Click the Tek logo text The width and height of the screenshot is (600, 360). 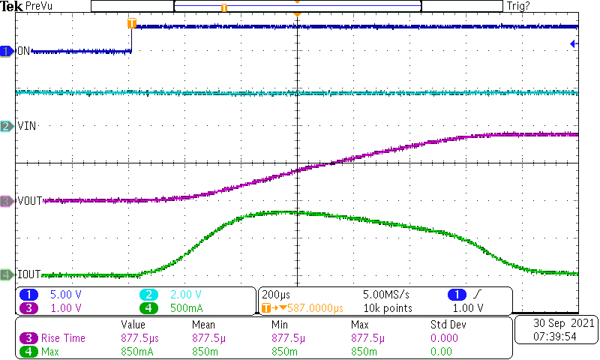(x=12, y=6)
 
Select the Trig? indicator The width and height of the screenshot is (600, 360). (x=519, y=6)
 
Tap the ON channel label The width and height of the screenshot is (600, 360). (x=23, y=52)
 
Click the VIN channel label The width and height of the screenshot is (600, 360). (x=27, y=126)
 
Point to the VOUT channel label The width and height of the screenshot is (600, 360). (x=30, y=201)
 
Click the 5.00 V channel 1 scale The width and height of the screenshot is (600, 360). (x=65, y=295)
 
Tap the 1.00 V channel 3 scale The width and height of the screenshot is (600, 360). (x=65, y=307)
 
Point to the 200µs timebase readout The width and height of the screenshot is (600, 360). (x=277, y=295)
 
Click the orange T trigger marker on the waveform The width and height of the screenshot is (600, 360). (x=132, y=23)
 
